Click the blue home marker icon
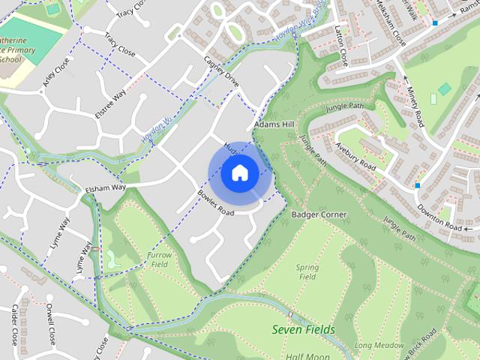(x=239, y=173)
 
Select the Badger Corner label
(x=319, y=214)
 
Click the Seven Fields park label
(x=303, y=329)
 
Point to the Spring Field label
(x=307, y=271)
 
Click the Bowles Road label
(x=216, y=202)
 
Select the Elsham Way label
(x=105, y=188)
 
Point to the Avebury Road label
(x=356, y=156)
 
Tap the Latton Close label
(x=342, y=46)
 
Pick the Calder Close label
(x=15, y=324)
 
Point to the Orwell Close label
(x=50, y=322)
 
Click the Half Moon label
(x=307, y=355)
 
